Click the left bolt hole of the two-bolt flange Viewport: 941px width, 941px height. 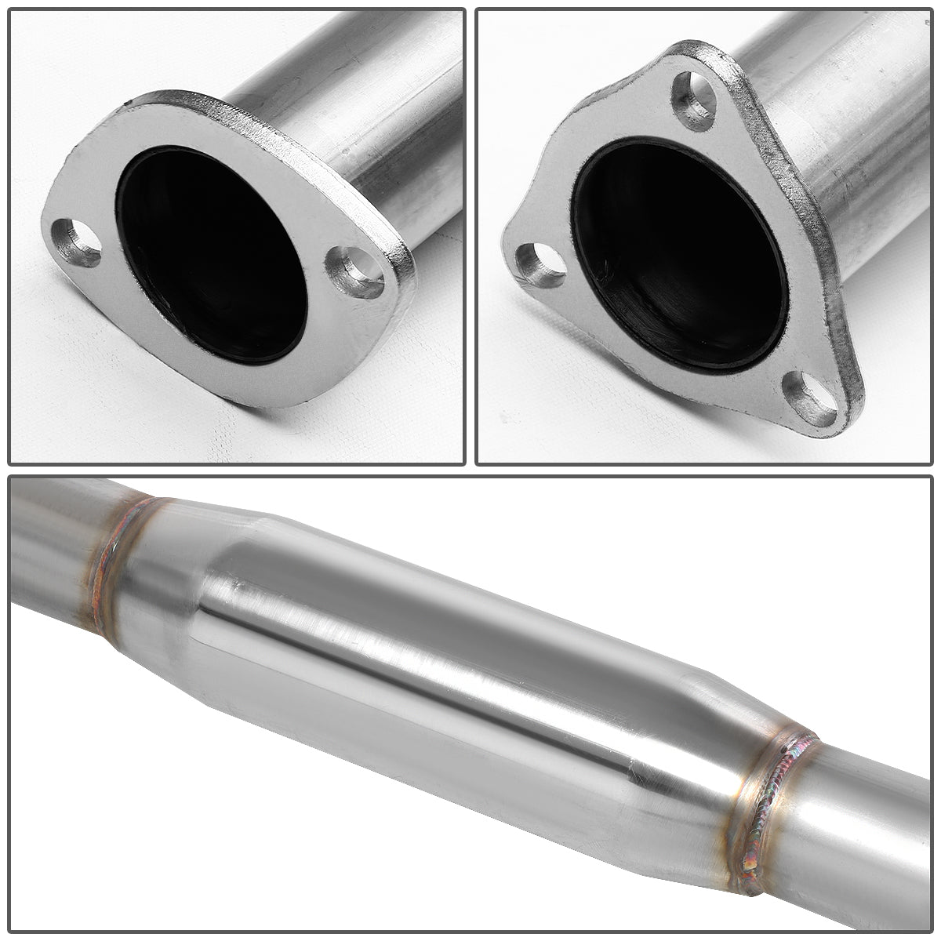click(x=77, y=242)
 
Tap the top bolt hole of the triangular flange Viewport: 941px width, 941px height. click(x=694, y=101)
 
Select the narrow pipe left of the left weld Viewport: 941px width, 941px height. click(x=47, y=549)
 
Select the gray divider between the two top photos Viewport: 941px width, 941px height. click(x=470, y=235)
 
